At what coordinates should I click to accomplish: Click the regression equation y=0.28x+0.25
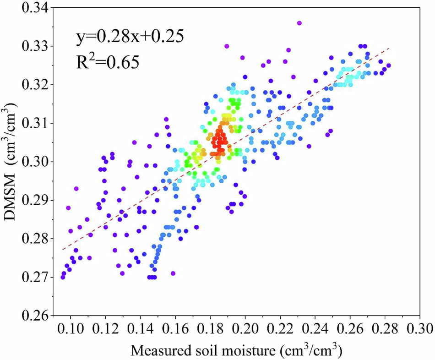point(130,36)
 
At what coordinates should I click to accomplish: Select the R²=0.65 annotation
point(109,60)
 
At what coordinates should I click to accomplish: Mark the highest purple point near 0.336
point(299,23)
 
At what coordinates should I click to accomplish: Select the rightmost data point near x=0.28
point(389,65)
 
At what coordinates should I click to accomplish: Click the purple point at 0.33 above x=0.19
point(226,46)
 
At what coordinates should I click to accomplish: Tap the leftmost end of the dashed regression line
point(62,250)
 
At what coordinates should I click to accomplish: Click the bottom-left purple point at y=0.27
point(63,277)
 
